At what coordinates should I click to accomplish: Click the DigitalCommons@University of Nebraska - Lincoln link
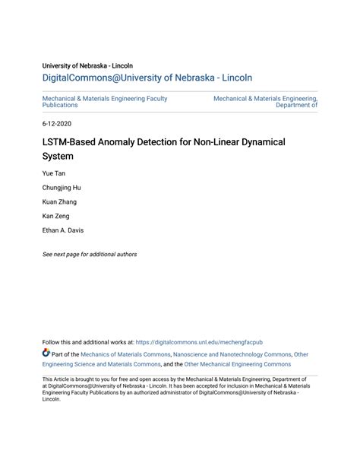click(x=147, y=78)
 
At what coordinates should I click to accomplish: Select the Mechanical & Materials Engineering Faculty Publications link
click(x=104, y=102)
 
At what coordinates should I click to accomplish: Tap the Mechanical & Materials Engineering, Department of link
click(x=265, y=102)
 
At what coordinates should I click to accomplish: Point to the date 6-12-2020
click(x=57, y=123)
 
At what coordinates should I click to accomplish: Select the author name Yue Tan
click(x=55, y=174)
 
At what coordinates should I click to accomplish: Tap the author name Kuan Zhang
click(x=59, y=202)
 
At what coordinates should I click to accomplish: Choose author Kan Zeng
click(x=56, y=216)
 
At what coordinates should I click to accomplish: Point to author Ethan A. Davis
click(x=63, y=230)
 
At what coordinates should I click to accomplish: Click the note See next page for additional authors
click(x=90, y=255)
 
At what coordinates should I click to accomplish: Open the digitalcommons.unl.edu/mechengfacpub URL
click(x=200, y=343)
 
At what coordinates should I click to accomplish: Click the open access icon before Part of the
click(x=46, y=353)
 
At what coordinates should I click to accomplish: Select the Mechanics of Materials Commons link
click(x=125, y=354)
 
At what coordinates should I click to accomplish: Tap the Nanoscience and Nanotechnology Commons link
click(x=232, y=354)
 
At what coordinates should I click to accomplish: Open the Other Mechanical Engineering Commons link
click(x=238, y=364)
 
